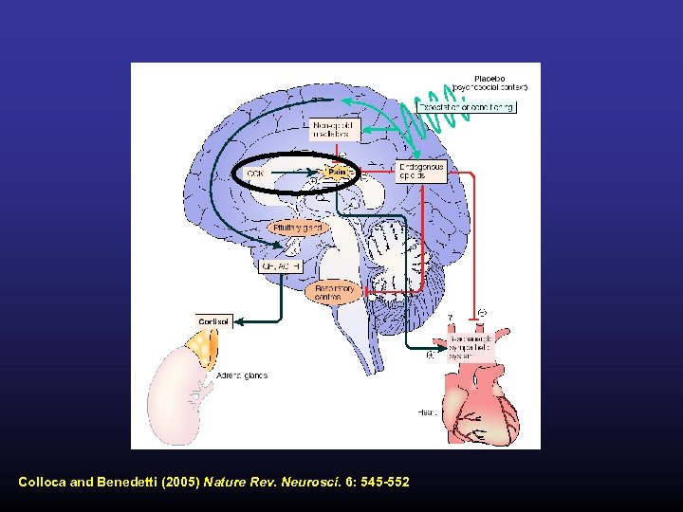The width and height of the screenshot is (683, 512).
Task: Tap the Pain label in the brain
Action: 338,172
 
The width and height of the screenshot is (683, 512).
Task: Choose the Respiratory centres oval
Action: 333,293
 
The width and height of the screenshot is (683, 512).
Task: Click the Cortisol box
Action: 213,321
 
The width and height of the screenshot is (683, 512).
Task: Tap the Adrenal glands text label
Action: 242,376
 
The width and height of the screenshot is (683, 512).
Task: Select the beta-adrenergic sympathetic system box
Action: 460,347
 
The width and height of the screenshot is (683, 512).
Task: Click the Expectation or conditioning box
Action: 479,107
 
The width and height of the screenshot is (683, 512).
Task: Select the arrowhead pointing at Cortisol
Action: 238,321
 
